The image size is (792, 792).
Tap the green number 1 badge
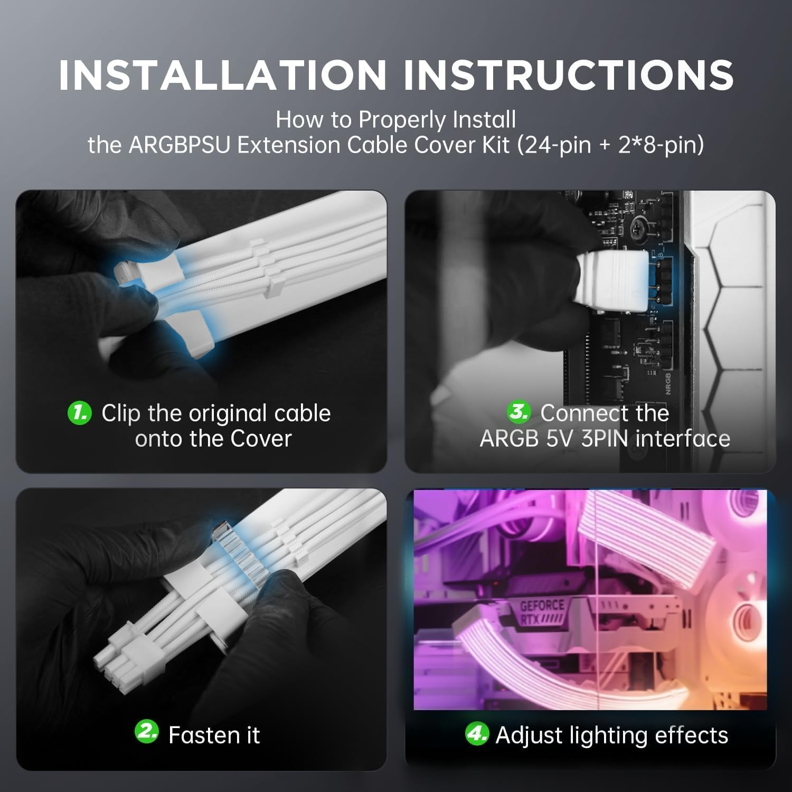[80, 412]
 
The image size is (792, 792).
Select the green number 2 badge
[146, 732]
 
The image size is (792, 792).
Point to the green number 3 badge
[518, 412]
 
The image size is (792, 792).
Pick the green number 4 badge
[476, 734]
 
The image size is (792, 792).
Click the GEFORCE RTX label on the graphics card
[542, 612]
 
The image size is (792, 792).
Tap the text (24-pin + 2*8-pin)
[610, 145]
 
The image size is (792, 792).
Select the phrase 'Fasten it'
[214, 735]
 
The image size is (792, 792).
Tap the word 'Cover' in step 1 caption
[261, 439]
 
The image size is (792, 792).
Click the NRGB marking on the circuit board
[667, 382]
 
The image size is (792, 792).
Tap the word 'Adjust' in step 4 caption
[529, 736]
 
